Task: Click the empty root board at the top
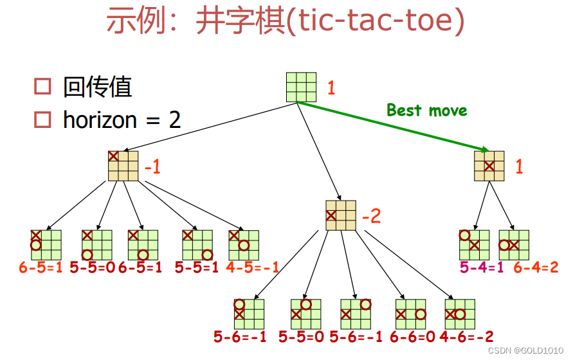301,87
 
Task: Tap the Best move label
426,110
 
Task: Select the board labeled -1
123,165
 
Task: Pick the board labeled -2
341,215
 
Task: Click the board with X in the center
489,165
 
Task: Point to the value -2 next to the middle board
371,215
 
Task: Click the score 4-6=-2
466,336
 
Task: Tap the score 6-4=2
536,267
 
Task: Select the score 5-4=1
482,267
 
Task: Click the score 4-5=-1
252,267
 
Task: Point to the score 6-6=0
412,336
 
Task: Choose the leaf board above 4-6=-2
459,314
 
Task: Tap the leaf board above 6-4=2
514,244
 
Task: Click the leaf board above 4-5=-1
243,244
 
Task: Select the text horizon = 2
122,120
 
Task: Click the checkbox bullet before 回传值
42,87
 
